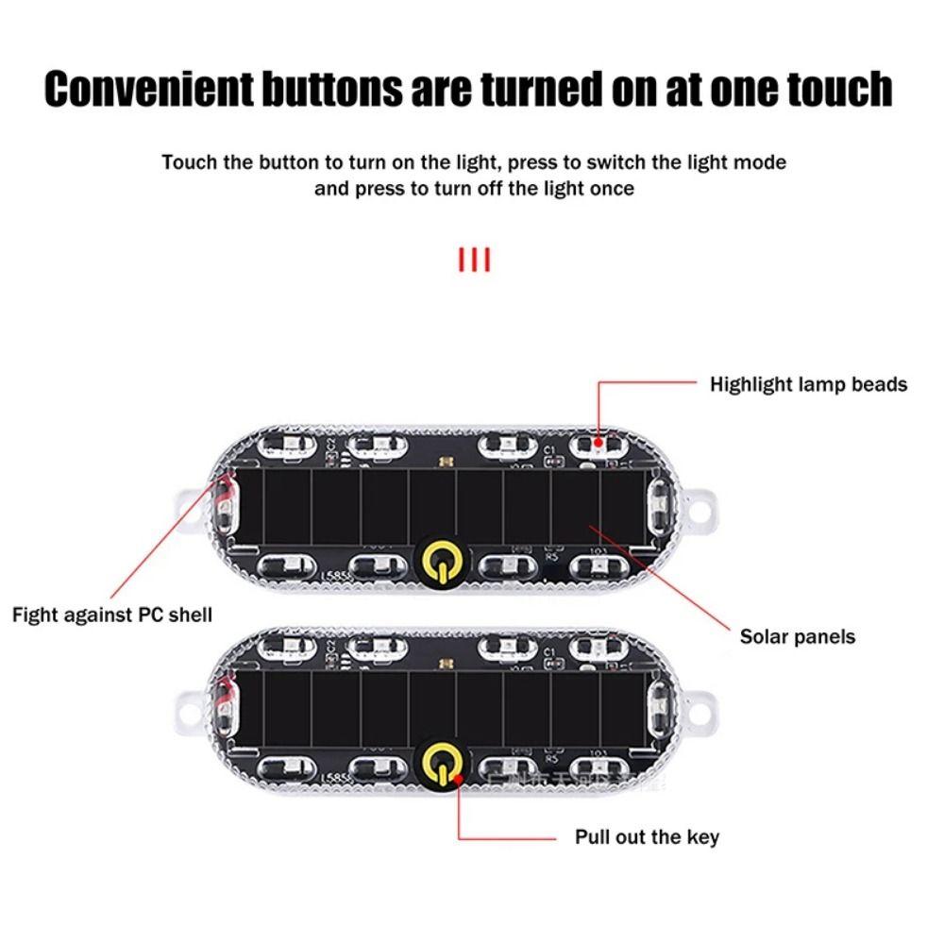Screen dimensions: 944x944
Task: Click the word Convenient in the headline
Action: pos(149,88)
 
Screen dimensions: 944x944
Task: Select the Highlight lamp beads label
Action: pos(808,384)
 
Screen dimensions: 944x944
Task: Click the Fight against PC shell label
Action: pos(112,615)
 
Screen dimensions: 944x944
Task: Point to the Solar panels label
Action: pos(797,636)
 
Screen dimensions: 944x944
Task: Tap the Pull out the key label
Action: pos(647,836)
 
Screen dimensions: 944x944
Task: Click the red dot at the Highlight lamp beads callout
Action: pos(599,441)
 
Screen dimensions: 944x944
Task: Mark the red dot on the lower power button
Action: pos(458,780)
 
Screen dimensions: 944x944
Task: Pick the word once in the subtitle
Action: pos(611,189)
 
